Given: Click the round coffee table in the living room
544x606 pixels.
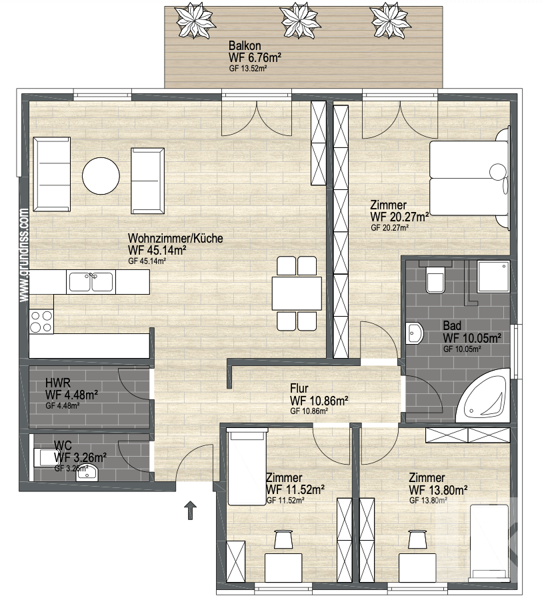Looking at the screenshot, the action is (x=101, y=175).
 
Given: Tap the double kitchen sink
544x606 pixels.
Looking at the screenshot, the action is (x=91, y=282).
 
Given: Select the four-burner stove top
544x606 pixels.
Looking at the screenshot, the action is (x=41, y=322).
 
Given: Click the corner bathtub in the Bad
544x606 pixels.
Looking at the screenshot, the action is (x=483, y=395).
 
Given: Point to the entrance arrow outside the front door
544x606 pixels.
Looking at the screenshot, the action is (x=190, y=510).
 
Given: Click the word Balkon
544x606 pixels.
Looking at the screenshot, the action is (x=245, y=45).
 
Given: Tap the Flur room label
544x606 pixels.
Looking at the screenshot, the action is (x=299, y=389).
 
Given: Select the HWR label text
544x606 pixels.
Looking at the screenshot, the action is (x=57, y=383).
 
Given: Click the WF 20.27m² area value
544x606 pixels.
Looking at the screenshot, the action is (x=399, y=217).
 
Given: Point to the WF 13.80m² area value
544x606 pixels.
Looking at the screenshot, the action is (x=438, y=490).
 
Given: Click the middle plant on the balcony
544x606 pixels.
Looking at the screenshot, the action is (x=298, y=21).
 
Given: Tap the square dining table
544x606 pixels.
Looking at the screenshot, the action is (x=297, y=293).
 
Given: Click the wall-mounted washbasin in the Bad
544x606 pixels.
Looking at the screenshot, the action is (x=415, y=333).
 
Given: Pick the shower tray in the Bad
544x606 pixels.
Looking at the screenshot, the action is (x=494, y=276).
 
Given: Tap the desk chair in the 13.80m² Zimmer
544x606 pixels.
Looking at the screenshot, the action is (x=417, y=539).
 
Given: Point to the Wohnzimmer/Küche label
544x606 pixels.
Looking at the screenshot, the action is (x=175, y=238).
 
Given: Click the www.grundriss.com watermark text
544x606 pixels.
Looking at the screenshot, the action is (x=23, y=255).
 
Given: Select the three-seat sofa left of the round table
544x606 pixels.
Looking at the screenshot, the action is (x=52, y=174).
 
